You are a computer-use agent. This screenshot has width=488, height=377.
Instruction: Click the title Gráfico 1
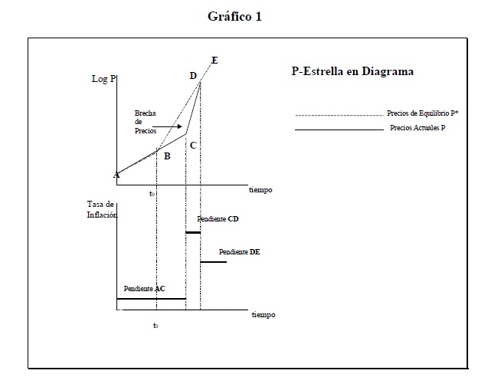click(234, 17)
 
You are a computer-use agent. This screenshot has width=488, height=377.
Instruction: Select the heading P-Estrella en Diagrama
click(352, 71)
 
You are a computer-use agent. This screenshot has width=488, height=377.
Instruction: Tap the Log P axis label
click(103, 79)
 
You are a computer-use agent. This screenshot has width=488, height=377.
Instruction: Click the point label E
click(215, 60)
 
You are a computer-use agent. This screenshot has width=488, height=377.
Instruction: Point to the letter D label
click(193, 76)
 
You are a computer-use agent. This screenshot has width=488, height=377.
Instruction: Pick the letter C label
click(193, 146)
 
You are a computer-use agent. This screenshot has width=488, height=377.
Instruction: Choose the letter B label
click(167, 156)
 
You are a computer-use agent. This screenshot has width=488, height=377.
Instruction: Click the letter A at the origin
click(116, 175)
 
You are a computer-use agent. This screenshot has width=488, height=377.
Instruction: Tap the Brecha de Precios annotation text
click(146, 122)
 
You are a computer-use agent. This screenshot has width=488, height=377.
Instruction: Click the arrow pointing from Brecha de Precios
click(167, 126)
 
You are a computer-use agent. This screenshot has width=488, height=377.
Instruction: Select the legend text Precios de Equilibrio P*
click(423, 113)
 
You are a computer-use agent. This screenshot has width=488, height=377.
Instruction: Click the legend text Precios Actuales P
click(418, 128)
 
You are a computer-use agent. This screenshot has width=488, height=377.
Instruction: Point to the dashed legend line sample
click(339, 116)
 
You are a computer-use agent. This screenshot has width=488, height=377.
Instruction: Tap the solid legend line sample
click(339, 129)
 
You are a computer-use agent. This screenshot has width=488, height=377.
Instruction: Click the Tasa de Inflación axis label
click(102, 209)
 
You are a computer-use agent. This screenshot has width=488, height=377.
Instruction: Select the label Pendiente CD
click(218, 219)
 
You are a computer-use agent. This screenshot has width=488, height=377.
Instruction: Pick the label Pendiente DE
click(239, 252)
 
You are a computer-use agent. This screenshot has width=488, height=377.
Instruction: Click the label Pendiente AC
click(144, 289)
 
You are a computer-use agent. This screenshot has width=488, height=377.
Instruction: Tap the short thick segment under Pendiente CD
click(193, 232)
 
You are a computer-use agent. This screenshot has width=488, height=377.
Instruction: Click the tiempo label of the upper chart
click(260, 190)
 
